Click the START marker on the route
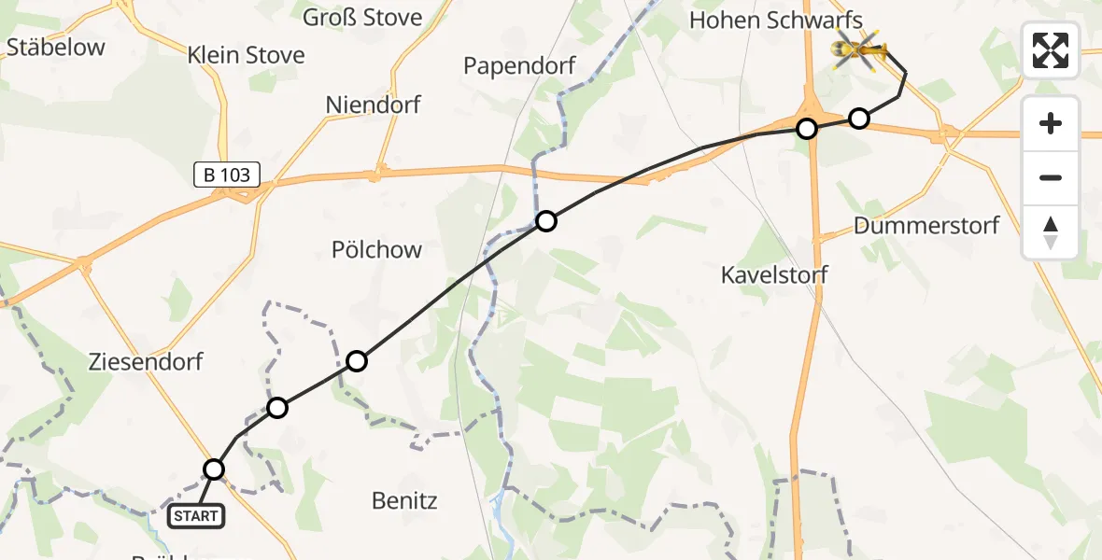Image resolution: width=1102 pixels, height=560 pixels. click(x=196, y=516)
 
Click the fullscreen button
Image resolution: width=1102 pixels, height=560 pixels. click(x=1051, y=50)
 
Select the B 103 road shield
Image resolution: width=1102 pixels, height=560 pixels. click(x=227, y=174)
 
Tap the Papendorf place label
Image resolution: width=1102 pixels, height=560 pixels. click(x=520, y=66)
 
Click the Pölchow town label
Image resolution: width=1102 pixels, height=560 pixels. click(x=376, y=249)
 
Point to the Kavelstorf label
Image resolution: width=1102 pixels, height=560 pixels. click(x=774, y=274)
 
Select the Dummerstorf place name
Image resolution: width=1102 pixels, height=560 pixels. click(x=926, y=225)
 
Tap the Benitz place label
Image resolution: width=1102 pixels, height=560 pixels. click(x=404, y=500)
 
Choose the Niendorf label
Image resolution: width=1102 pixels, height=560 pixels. click(x=374, y=105)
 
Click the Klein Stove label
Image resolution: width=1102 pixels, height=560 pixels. click(x=247, y=55)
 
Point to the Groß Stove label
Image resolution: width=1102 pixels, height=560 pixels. click(x=362, y=17)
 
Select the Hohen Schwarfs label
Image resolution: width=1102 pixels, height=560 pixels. click(x=774, y=20)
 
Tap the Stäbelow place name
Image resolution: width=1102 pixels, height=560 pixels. click(x=55, y=48)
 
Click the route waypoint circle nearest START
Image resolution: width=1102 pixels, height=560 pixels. click(x=215, y=469)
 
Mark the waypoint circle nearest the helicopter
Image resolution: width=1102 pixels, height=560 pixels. click(x=859, y=119)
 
